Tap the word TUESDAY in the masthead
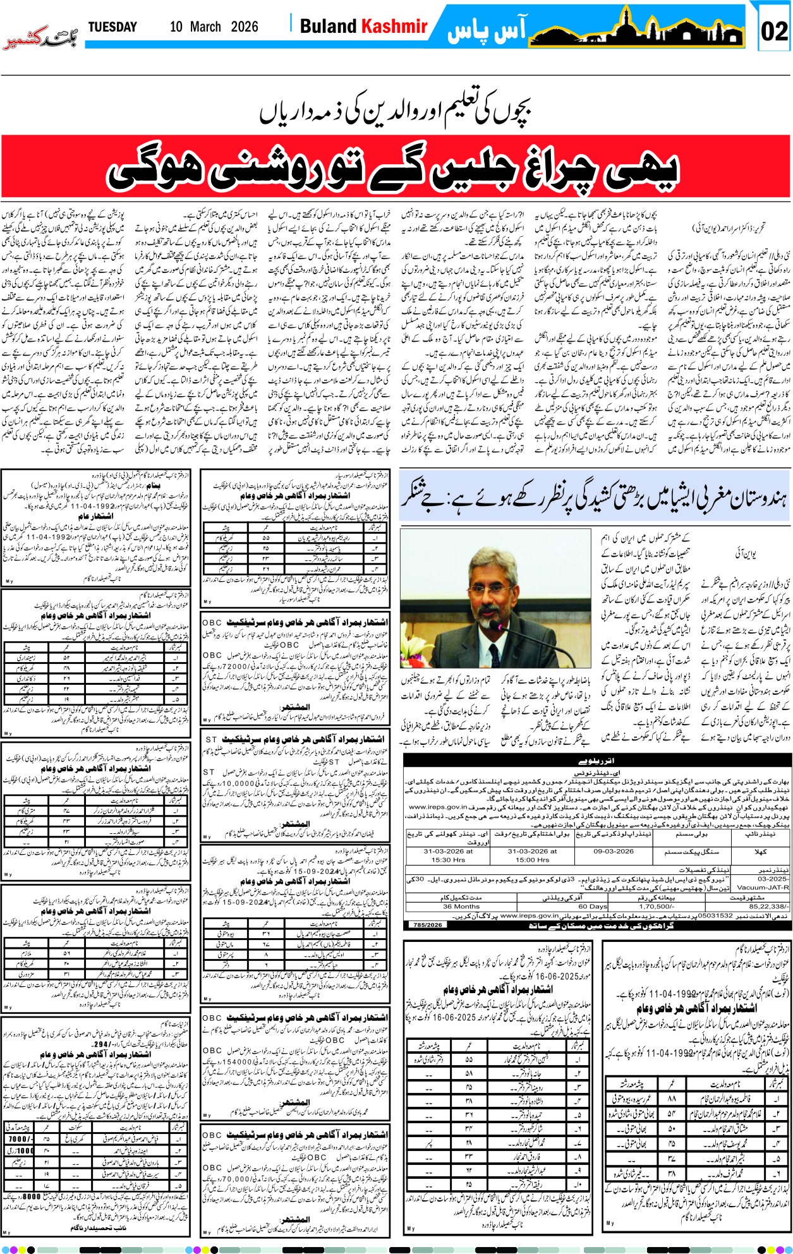click(x=112, y=27)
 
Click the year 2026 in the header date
click(x=245, y=27)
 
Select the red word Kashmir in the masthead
click(x=394, y=27)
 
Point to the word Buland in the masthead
click(x=328, y=27)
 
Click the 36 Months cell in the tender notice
click(x=461, y=906)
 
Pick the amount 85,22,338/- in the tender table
click(x=767, y=906)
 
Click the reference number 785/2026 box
click(x=427, y=924)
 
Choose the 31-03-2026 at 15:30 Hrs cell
click(x=448, y=855)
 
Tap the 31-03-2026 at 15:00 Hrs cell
click(x=532, y=855)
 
